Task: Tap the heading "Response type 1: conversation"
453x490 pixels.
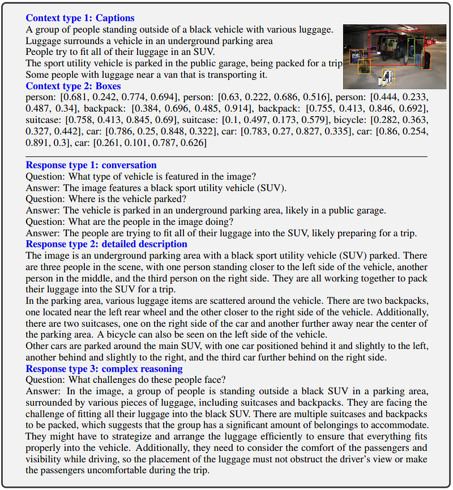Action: (x=91, y=165)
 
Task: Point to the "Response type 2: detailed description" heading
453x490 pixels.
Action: (x=106, y=244)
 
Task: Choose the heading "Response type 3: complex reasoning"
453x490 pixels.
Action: (x=104, y=369)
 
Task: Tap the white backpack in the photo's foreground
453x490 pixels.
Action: (x=388, y=76)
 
